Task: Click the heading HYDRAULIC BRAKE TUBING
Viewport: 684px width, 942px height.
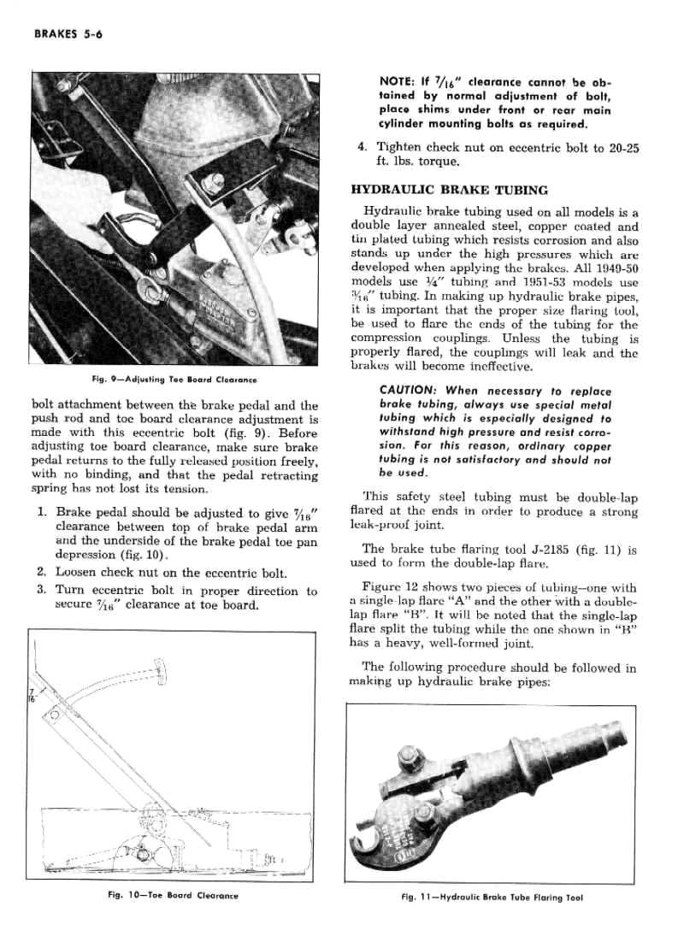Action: pyautogui.click(x=450, y=190)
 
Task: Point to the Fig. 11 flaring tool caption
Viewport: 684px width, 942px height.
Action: pyautogui.click(x=492, y=898)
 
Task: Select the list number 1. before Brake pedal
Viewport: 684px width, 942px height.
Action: pyautogui.click(x=43, y=512)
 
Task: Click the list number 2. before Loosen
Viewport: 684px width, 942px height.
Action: pyautogui.click(x=43, y=572)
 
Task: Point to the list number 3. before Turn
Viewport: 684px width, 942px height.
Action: pyautogui.click(x=43, y=591)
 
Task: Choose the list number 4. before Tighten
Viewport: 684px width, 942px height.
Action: pyautogui.click(x=363, y=148)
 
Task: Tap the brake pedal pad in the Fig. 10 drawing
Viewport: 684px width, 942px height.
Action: pyautogui.click(x=160, y=671)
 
